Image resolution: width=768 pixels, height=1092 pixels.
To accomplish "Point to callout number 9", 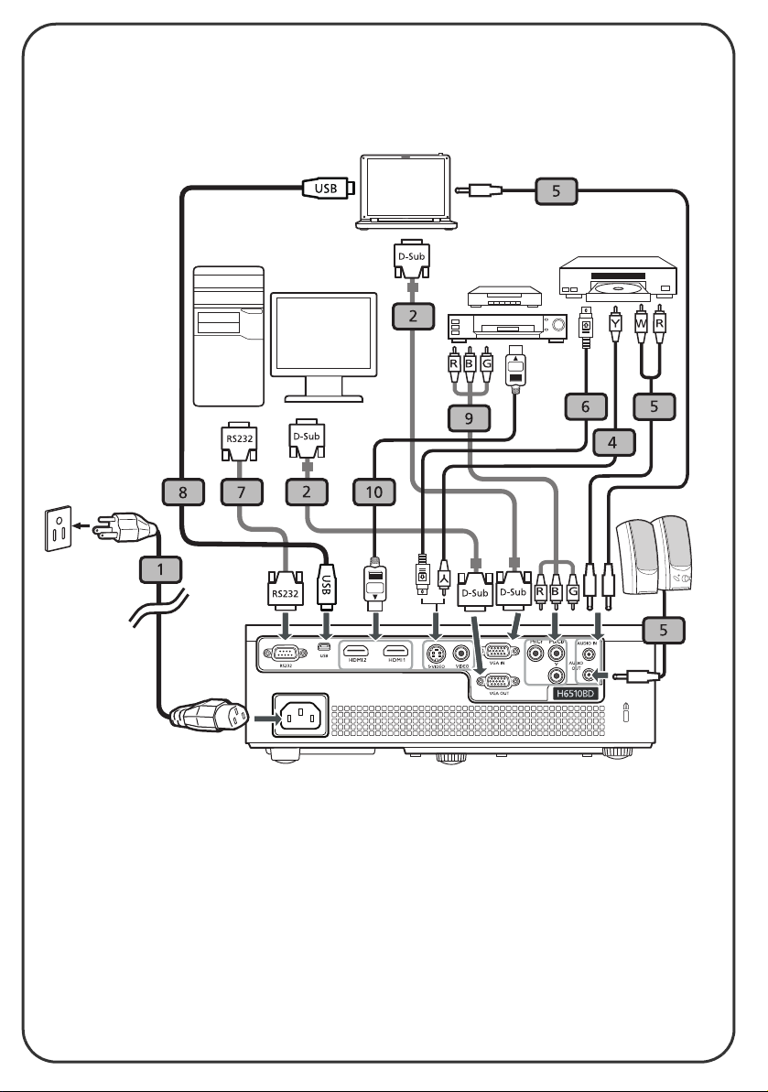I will coord(469,418).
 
